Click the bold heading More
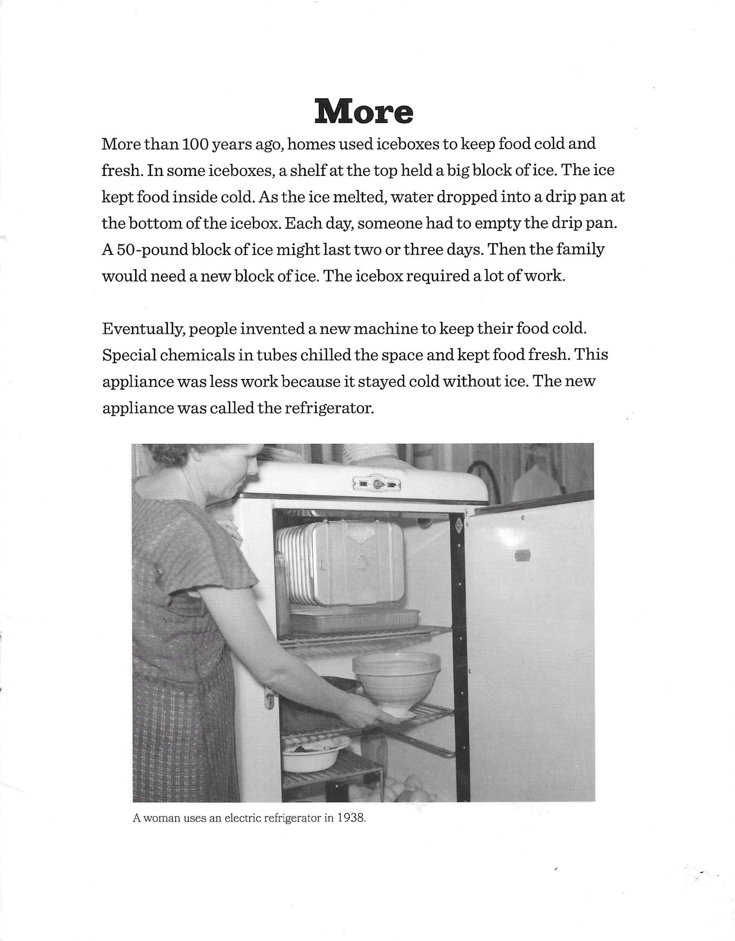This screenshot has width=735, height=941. (x=364, y=112)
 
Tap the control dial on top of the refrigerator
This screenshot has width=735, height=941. (x=378, y=483)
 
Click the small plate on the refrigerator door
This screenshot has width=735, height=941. (x=522, y=556)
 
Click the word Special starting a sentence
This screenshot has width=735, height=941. (x=128, y=355)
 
